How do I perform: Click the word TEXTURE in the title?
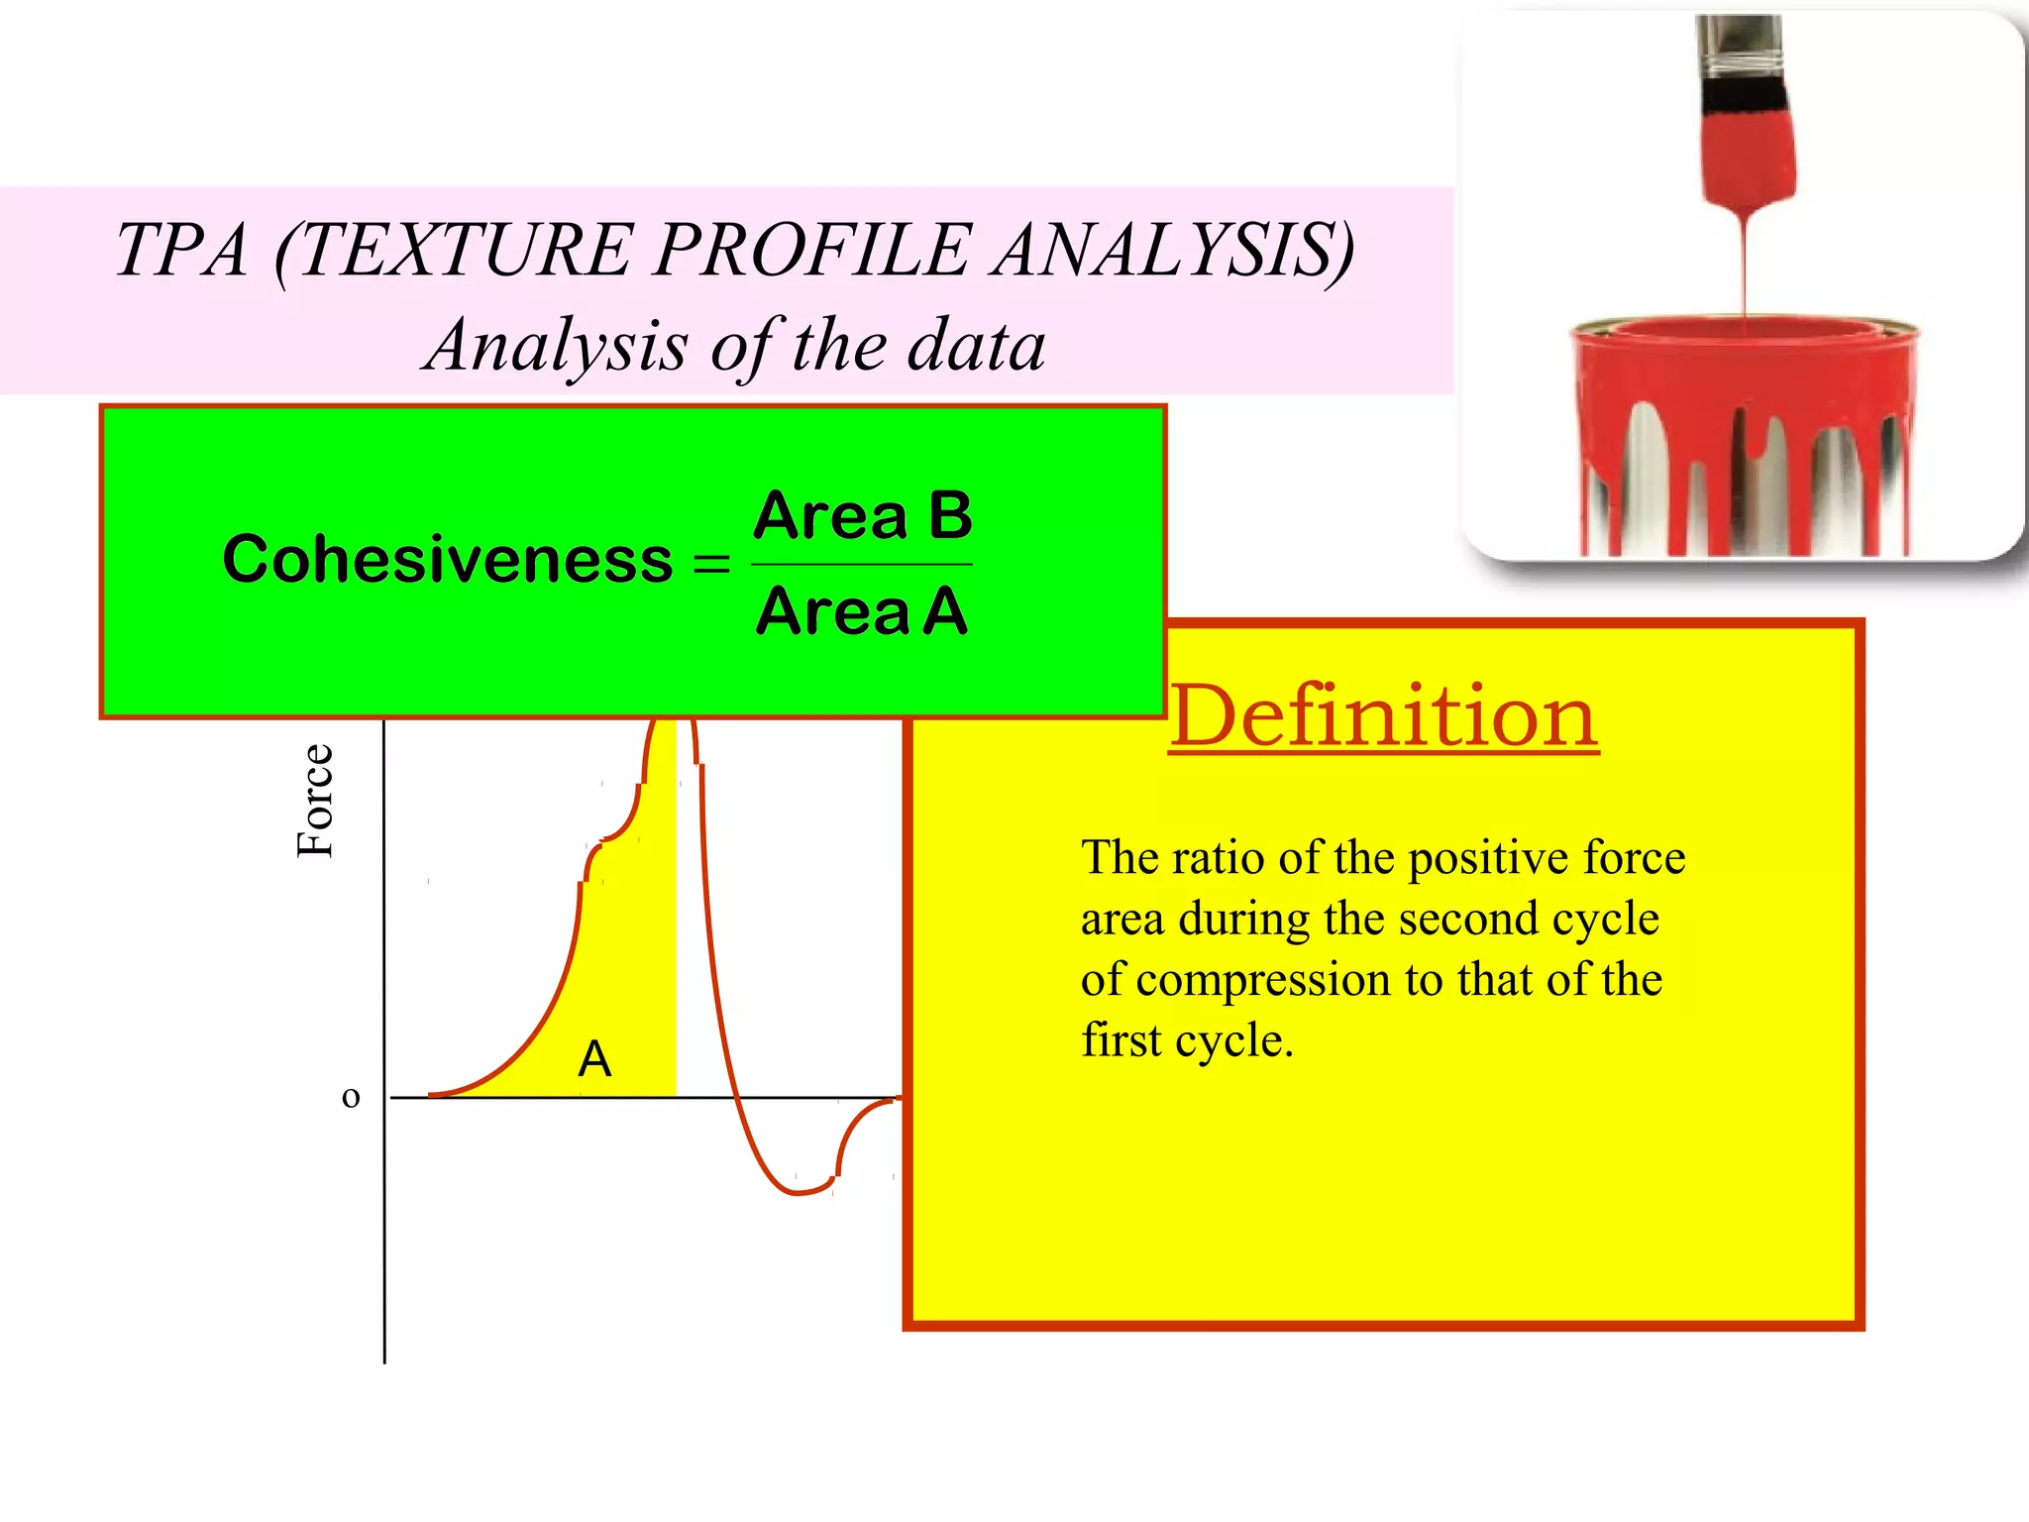pos(466,250)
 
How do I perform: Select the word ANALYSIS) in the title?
pos(1174,250)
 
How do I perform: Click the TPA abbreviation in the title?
pos(181,250)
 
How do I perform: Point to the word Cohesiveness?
pos(448,560)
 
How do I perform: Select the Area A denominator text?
pos(861,611)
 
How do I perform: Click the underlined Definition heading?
pos(1384,715)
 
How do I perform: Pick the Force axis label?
pos(315,801)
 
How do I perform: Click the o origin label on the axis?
pos(351,1097)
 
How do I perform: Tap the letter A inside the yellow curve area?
pos(594,1059)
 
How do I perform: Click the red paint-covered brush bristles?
pos(1748,159)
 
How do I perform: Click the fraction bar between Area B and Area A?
pos(862,564)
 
